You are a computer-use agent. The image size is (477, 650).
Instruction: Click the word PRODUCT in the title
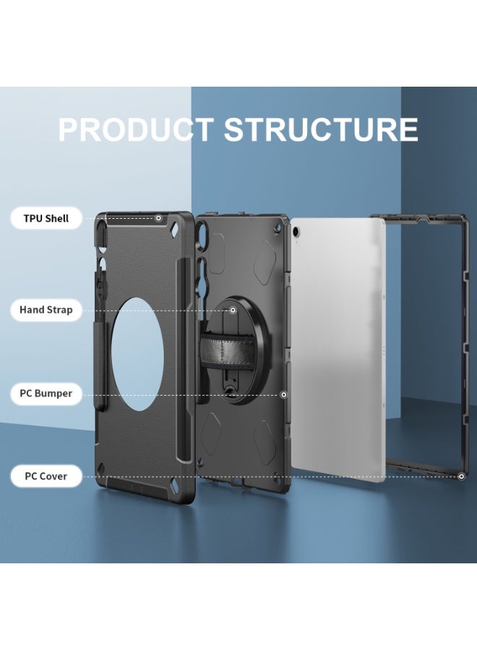point(136,129)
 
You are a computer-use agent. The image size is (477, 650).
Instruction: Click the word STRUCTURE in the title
point(321,129)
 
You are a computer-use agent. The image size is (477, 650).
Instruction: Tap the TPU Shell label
point(46,218)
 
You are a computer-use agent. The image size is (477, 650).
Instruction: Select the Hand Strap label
point(46,310)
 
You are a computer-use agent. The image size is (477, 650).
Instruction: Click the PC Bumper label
point(46,394)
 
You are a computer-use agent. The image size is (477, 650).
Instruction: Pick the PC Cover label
point(46,477)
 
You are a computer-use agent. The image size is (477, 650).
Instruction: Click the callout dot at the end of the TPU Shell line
point(158,218)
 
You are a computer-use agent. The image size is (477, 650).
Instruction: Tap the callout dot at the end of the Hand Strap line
point(233,310)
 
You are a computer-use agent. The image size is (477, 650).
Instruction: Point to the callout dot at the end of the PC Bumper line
point(284,394)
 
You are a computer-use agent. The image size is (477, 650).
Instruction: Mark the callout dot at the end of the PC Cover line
point(462,477)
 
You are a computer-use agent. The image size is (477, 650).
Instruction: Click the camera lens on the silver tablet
point(296,231)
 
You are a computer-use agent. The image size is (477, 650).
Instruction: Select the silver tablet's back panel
point(338,351)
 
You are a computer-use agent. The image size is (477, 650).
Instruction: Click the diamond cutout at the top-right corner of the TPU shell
point(176,229)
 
